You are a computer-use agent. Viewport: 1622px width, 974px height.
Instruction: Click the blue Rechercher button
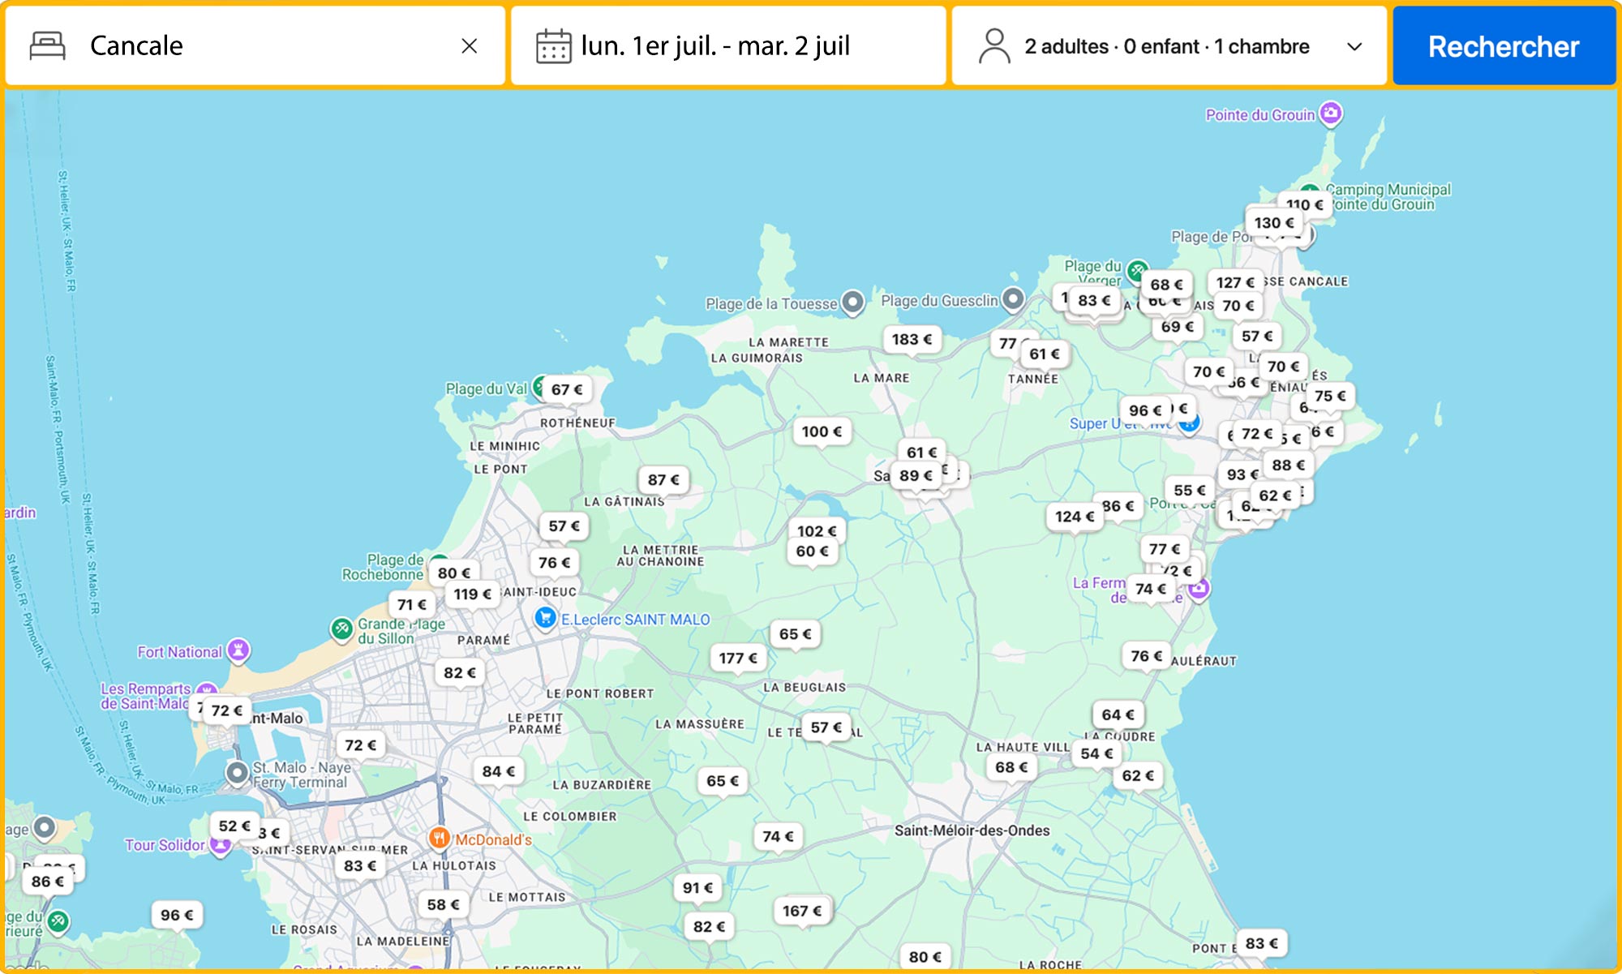pyautogui.click(x=1504, y=46)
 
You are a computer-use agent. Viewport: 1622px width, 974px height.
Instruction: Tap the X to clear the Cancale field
pyautogui.click(x=469, y=46)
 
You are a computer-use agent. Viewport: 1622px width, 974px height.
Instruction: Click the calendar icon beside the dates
pyautogui.click(x=553, y=46)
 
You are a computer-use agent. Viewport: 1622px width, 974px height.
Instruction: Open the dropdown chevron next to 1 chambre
pyautogui.click(x=1354, y=47)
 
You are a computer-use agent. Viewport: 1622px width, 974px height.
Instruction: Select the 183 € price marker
pyautogui.click(x=912, y=339)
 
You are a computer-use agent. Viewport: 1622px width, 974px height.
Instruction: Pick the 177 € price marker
pyautogui.click(x=737, y=658)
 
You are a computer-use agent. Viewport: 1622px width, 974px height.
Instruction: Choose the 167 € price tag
pyautogui.click(x=801, y=911)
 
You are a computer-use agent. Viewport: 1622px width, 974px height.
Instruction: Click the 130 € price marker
pyautogui.click(x=1273, y=222)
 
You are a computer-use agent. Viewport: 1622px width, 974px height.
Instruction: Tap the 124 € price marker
pyautogui.click(x=1074, y=516)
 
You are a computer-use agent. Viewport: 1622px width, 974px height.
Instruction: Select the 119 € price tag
pyautogui.click(x=472, y=594)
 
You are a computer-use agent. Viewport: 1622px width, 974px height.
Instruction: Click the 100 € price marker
pyautogui.click(x=822, y=431)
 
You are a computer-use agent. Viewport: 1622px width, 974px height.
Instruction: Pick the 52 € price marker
pyautogui.click(x=234, y=826)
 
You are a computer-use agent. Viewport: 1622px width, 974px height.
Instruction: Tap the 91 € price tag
pyautogui.click(x=697, y=887)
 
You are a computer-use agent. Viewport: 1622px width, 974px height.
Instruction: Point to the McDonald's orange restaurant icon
pyautogui.click(x=439, y=838)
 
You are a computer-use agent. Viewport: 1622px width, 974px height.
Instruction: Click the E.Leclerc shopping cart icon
pyautogui.click(x=545, y=618)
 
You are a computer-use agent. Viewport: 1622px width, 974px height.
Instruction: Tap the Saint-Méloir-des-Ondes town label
pyautogui.click(x=972, y=830)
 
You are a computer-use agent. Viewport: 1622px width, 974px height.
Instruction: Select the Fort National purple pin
pyautogui.click(x=238, y=649)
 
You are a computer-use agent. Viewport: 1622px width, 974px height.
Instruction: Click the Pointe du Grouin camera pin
pyautogui.click(x=1330, y=113)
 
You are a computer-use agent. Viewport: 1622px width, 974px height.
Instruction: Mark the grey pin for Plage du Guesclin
pyautogui.click(x=1012, y=298)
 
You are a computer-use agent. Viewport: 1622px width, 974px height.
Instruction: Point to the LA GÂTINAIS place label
pyautogui.click(x=624, y=502)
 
